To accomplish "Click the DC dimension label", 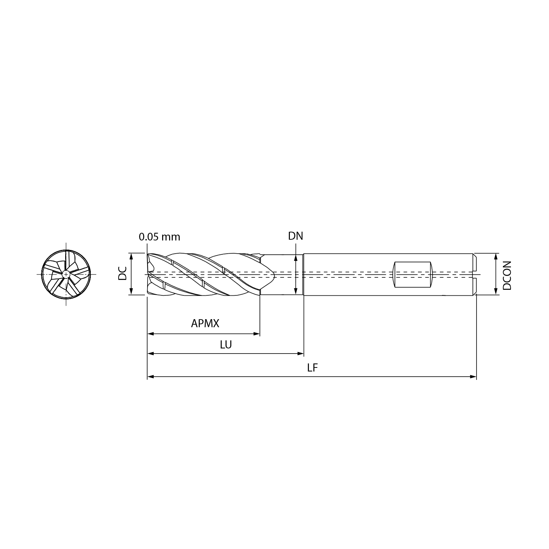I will click(x=122, y=273).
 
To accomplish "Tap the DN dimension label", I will click(x=295, y=236).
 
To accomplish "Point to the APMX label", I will click(x=205, y=323).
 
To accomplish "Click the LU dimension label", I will click(x=226, y=344).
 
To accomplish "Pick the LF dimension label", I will click(x=312, y=367).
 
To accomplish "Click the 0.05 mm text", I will click(x=160, y=237).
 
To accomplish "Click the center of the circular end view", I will click(x=66, y=274).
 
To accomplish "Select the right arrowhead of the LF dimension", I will click(x=474, y=377).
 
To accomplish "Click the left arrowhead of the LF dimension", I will click(x=150, y=377).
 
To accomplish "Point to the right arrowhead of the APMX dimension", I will click(x=257, y=334).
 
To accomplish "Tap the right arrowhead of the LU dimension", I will click(x=301, y=354).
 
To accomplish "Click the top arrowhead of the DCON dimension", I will click(x=496, y=256).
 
